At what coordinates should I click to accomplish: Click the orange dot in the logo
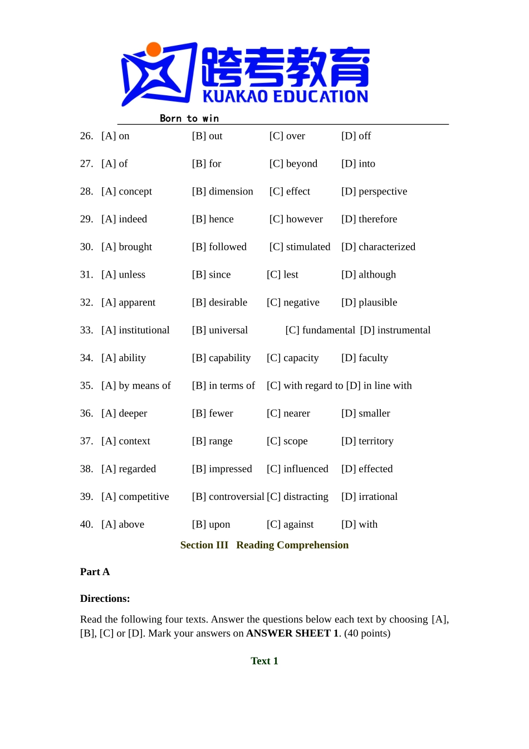[154, 50]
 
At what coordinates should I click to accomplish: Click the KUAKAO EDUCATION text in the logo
[285, 96]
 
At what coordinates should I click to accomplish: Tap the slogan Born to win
[189, 118]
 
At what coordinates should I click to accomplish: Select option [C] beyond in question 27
[293, 163]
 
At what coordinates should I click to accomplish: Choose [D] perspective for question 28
[374, 191]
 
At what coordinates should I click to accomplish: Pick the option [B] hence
[213, 219]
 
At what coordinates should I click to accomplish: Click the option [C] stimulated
[300, 246]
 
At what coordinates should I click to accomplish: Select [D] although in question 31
[368, 274]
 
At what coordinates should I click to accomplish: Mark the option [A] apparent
[128, 302]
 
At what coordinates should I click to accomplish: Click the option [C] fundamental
[320, 330]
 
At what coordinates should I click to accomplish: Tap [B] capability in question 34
[221, 358]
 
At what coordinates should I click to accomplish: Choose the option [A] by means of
[136, 386]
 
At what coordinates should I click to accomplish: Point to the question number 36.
[86, 413]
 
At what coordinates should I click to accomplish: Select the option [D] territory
[367, 441]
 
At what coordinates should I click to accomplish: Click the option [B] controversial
[228, 497]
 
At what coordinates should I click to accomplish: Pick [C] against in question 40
[290, 524]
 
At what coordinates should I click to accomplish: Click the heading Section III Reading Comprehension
[264, 545]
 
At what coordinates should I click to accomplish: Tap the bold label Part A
[95, 572]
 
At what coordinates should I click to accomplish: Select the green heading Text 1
[264, 661]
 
